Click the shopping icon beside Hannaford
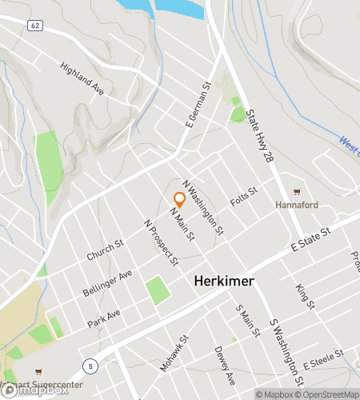pos(298,192)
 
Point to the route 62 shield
pos(34,26)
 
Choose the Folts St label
pos(242,194)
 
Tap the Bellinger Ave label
pos(108,283)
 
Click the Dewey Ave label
pos(223,364)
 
